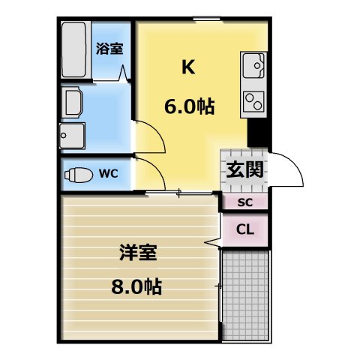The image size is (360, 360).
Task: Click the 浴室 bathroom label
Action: (x=110, y=49)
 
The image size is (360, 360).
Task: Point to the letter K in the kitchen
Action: (x=188, y=67)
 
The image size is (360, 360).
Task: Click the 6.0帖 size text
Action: (x=189, y=107)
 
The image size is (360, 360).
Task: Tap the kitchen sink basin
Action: (x=253, y=68)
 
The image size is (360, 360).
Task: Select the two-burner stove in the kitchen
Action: (x=253, y=98)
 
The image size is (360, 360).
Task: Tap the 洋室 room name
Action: (x=137, y=253)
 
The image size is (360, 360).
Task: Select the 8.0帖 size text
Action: (x=137, y=286)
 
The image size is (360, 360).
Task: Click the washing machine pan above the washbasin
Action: (x=73, y=101)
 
